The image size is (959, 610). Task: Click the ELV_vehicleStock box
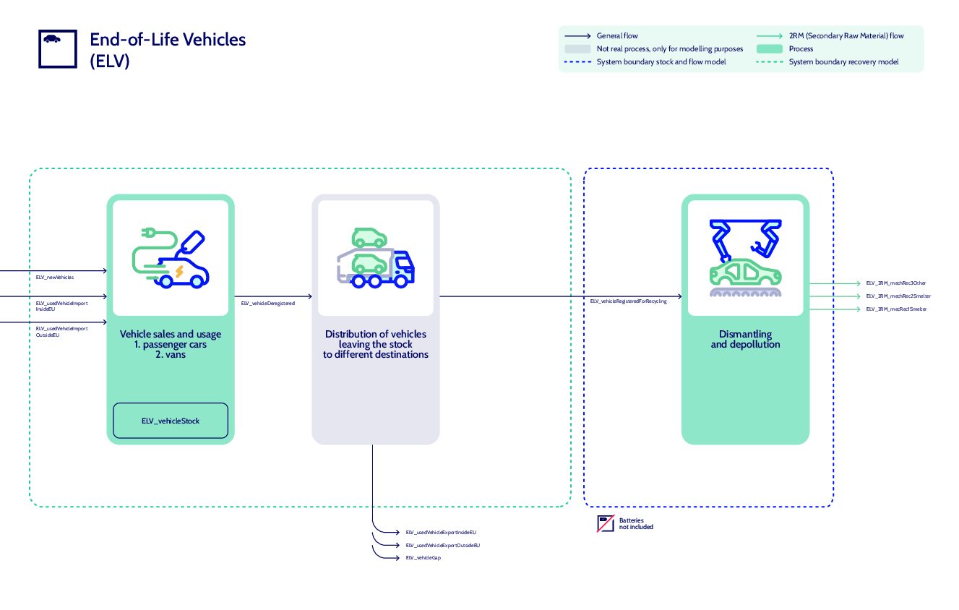coord(171,421)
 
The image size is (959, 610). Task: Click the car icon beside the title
coord(52,39)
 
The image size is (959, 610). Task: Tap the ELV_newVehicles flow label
coord(55,277)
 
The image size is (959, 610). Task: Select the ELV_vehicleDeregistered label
coord(268,304)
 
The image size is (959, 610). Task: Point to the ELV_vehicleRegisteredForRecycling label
coord(628,301)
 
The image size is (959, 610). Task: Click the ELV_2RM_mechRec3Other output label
coord(895,283)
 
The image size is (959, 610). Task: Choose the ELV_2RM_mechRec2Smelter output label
coord(898,296)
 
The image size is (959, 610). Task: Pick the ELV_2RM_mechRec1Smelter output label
coord(896,309)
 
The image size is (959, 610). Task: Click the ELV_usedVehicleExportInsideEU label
coord(441,532)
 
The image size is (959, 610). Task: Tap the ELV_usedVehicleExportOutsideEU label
coord(442,545)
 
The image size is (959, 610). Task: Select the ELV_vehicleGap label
coord(423,558)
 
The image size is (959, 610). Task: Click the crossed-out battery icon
coord(605,524)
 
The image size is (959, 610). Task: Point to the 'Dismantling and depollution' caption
coord(745,340)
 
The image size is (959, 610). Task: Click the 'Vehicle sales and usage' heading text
coord(171,334)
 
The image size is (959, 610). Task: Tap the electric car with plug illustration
coord(171,258)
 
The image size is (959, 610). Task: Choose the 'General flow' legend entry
coord(616,35)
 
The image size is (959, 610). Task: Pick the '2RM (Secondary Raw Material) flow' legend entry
coord(846,35)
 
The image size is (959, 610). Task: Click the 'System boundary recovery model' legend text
coord(843,62)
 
